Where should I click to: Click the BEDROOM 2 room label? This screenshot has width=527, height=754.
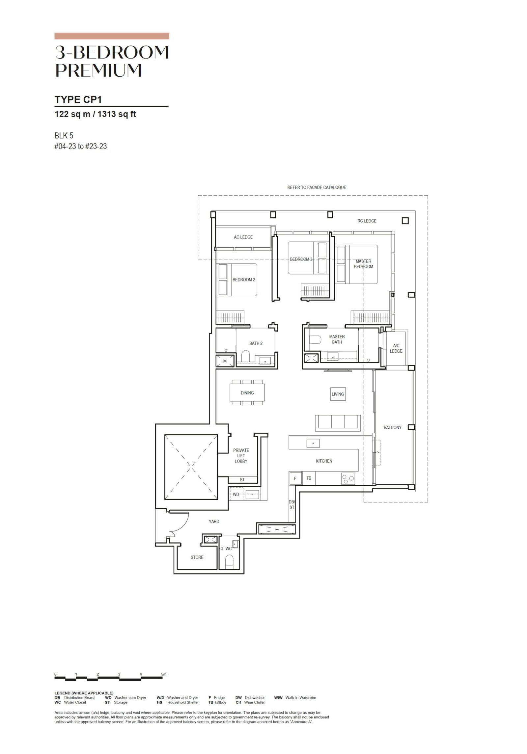point(244,280)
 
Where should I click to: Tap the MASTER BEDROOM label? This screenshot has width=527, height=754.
point(363,264)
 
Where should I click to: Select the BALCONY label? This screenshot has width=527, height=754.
point(392,427)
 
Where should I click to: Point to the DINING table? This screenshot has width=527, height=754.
point(247,392)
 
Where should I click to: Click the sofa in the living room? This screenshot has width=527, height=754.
point(338,423)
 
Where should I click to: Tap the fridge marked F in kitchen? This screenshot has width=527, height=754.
point(295,478)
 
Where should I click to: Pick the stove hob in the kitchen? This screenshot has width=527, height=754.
point(348,478)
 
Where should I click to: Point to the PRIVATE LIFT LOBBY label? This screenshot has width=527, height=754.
point(241,456)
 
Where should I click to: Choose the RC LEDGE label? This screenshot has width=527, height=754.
point(367,221)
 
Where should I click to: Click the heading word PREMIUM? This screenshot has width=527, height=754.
point(98,70)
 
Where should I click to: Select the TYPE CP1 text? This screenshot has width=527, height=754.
point(78,99)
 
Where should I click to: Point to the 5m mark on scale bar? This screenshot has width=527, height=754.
point(164,674)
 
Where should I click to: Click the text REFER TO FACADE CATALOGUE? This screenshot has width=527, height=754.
point(317,187)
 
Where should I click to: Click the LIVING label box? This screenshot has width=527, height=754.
point(338,394)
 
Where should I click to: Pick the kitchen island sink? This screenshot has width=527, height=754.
point(313,443)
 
